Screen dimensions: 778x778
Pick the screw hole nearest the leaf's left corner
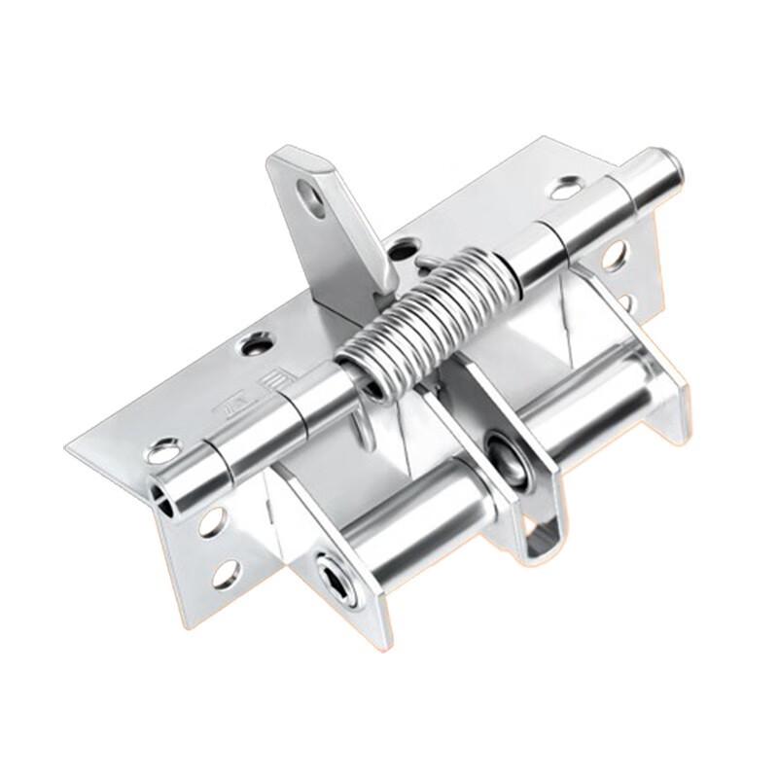click(163, 451)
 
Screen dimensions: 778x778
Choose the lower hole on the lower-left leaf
click(226, 573)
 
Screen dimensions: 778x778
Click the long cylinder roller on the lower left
click(399, 525)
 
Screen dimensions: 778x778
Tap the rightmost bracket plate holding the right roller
click(661, 389)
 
